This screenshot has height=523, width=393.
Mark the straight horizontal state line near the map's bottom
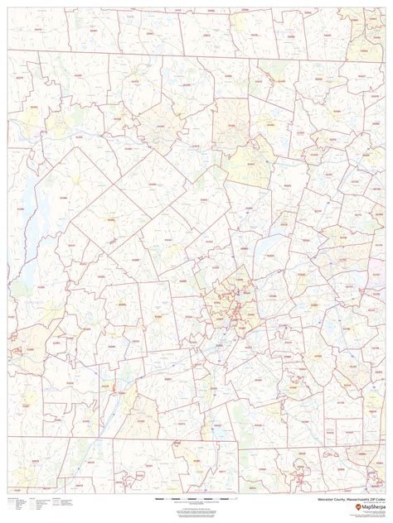pyautogui.click(x=207, y=449)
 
